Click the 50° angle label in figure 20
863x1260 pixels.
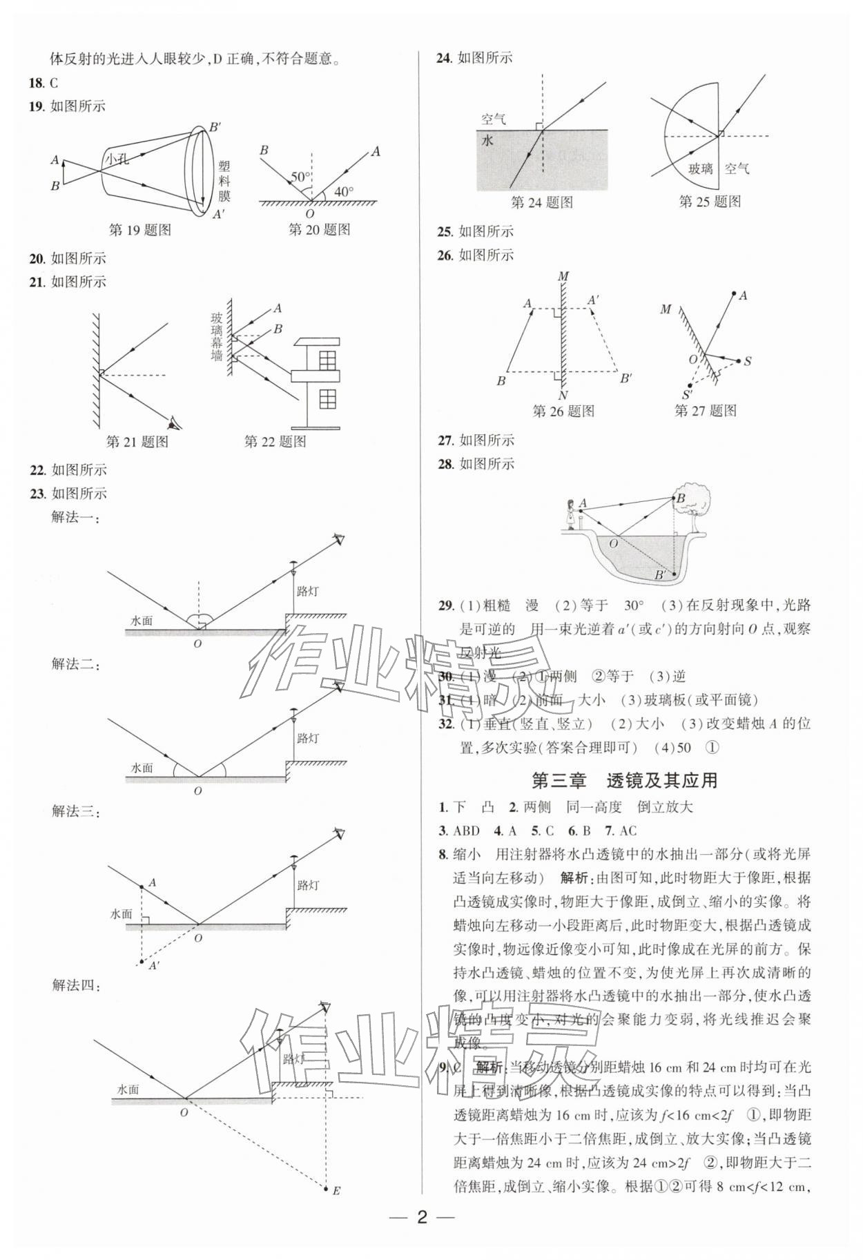click(300, 177)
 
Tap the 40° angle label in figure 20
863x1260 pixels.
click(343, 192)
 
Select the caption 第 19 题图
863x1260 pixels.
click(140, 230)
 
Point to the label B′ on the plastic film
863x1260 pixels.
click(215, 127)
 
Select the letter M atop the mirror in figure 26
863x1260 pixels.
click(563, 276)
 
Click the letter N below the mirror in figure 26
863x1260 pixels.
click(563, 396)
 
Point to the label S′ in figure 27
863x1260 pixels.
click(687, 395)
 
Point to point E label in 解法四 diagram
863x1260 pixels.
click(336, 1190)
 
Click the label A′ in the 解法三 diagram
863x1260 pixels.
click(155, 966)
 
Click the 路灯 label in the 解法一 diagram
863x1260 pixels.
click(307, 592)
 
